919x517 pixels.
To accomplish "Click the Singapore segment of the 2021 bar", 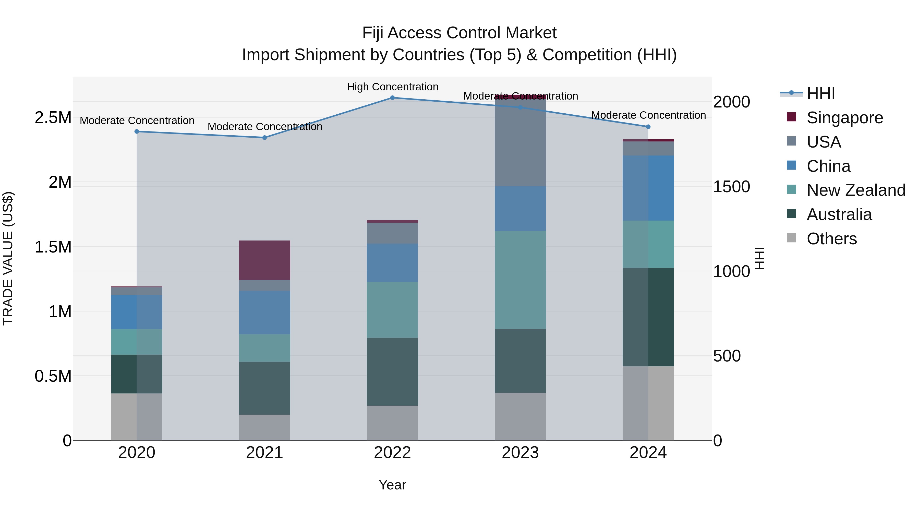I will (x=264, y=260).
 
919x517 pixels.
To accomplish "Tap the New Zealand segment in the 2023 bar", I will (x=520, y=280).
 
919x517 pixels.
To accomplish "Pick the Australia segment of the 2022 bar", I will (x=392, y=371).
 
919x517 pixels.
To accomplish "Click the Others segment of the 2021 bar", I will (x=264, y=427).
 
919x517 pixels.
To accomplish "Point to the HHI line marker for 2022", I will (x=392, y=98).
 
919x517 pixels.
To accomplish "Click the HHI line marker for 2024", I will (x=648, y=127).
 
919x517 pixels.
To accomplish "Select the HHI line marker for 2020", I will (x=137, y=132).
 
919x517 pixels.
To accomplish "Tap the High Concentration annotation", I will (x=392, y=87).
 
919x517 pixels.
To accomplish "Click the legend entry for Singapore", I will (x=844, y=118).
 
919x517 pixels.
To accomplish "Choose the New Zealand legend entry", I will (x=855, y=190).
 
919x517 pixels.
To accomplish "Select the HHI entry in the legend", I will (x=820, y=93).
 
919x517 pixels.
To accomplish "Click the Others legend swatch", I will (x=791, y=238).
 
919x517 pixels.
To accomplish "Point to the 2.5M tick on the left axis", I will (x=53, y=117).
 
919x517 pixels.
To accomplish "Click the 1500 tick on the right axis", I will (x=731, y=187).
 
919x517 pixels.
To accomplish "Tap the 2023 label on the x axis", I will (x=520, y=453).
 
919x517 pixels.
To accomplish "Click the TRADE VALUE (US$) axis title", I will (x=8, y=258).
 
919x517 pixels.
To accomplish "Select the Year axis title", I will (x=392, y=485).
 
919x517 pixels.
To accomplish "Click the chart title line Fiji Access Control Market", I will (x=459, y=33).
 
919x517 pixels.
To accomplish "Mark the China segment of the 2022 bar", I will (x=392, y=263).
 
